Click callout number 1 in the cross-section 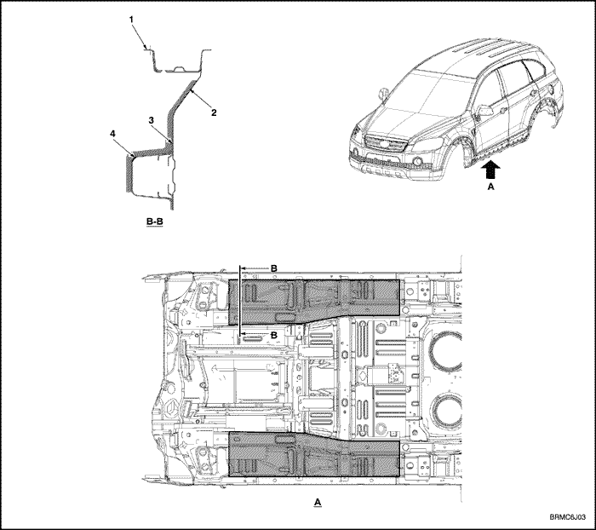click(x=131, y=20)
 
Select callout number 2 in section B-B click(x=214, y=112)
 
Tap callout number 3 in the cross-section click(x=151, y=120)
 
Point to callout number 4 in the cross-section click(x=112, y=134)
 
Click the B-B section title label click(x=155, y=221)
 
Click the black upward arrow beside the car click(x=490, y=170)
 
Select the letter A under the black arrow click(x=490, y=187)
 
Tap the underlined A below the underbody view click(x=318, y=502)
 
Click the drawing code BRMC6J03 click(x=568, y=517)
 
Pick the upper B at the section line click(x=274, y=268)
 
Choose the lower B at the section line click(x=274, y=335)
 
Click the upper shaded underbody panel click(x=314, y=301)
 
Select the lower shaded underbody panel click(x=314, y=455)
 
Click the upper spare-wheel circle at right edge click(x=446, y=352)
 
